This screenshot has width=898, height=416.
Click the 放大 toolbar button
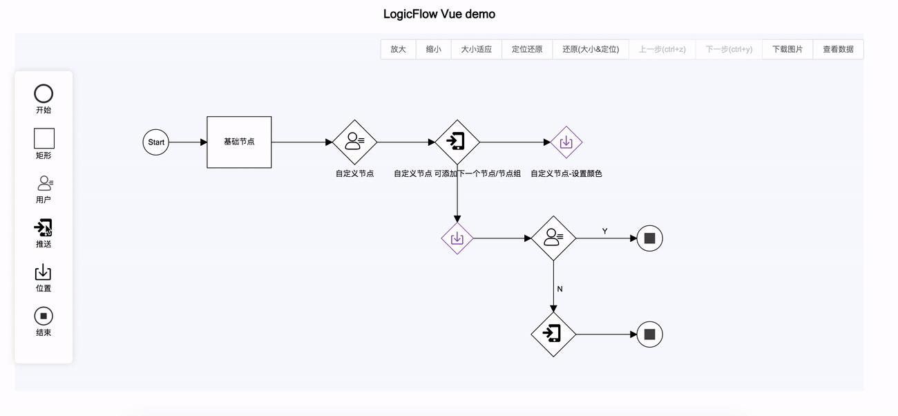(398, 49)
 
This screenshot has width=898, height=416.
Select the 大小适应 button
(476, 49)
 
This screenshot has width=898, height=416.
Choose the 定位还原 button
(527, 49)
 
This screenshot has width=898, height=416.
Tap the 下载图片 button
(787, 49)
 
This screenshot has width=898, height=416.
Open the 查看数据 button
(838, 49)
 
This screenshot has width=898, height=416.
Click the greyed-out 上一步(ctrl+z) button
(662, 49)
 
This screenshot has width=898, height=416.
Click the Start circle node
(156, 142)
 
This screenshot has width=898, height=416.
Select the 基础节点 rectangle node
(239, 142)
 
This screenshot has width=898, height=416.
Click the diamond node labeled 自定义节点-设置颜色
(566, 142)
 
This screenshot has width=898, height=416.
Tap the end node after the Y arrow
(649, 238)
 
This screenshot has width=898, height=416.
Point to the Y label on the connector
(604, 231)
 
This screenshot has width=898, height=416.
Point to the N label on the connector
(560, 289)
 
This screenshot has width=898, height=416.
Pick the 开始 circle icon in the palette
(44, 94)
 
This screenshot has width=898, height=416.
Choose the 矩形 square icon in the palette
(44, 138)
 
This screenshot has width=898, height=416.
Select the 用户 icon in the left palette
(44, 183)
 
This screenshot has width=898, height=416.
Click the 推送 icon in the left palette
(44, 227)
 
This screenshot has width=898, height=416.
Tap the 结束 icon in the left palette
(44, 316)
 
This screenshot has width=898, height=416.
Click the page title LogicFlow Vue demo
(439, 14)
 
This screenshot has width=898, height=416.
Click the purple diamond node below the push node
(457, 238)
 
